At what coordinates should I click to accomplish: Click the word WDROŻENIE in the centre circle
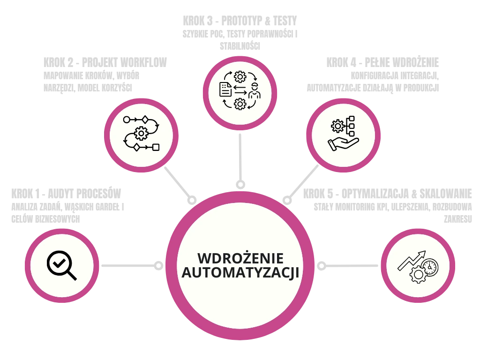[x=240, y=258]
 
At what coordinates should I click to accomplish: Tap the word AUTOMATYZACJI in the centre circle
[x=240, y=273]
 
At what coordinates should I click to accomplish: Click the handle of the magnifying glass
[x=72, y=275]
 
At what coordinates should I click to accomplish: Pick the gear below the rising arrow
[x=417, y=274]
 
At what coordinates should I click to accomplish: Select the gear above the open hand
[x=337, y=126]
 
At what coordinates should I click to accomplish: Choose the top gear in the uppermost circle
[x=240, y=76]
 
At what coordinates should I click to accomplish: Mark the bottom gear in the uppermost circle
[x=240, y=104]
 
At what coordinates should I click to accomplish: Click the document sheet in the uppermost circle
[x=225, y=90]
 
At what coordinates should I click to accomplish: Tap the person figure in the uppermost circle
[x=255, y=90]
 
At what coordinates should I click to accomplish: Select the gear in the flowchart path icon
[x=141, y=134]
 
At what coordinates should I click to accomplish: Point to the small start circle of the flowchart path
[x=127, y=120]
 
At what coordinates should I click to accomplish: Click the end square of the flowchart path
[x=156, y=147]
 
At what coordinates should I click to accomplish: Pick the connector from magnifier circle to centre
[x=131, y=266]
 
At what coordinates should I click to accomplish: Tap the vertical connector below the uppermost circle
[x=240, y=157]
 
